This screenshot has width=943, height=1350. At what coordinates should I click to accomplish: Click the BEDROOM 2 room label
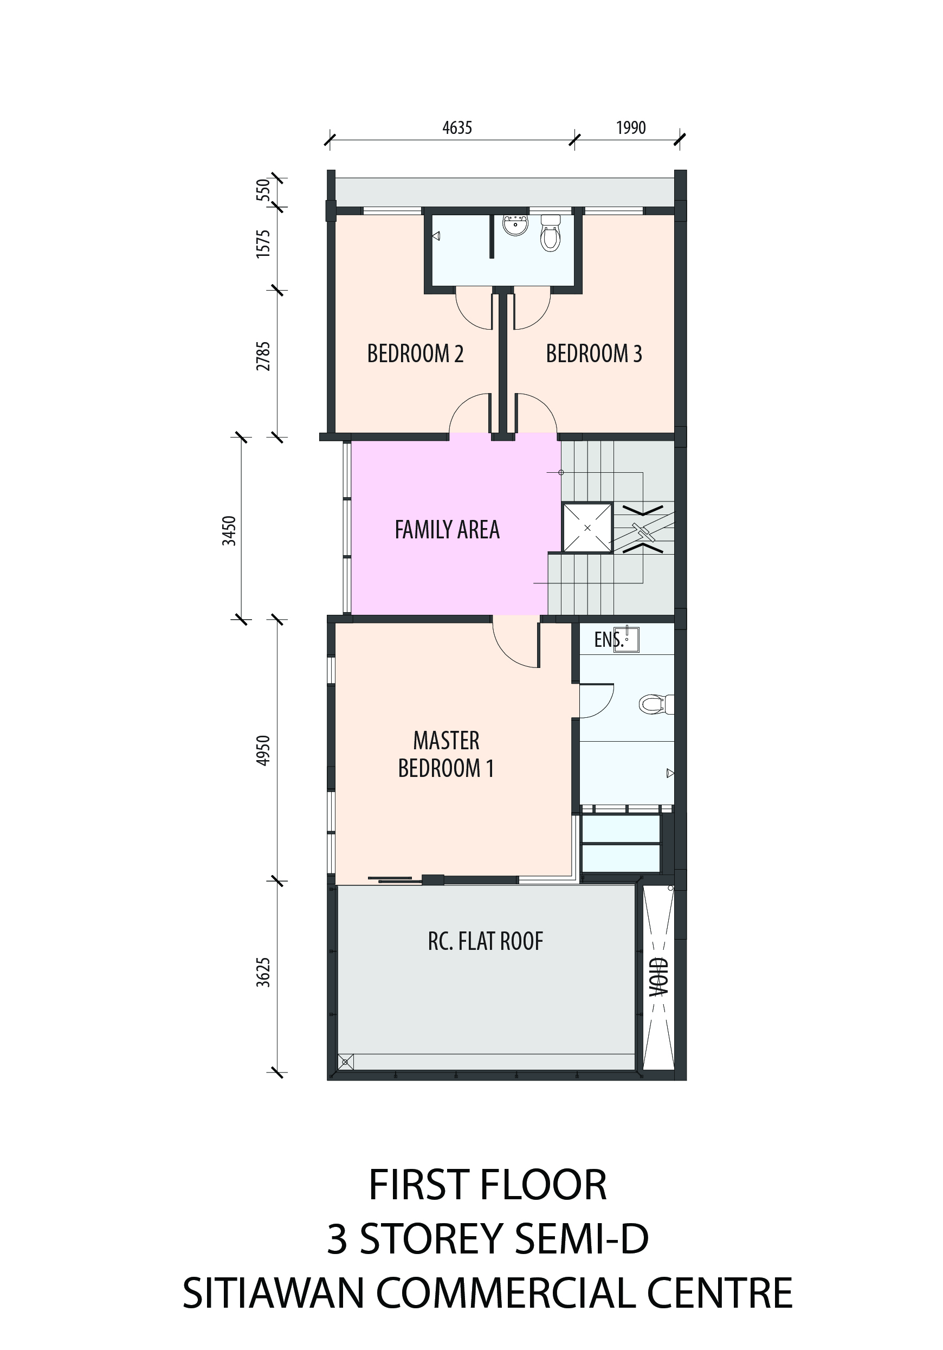click(415, 353)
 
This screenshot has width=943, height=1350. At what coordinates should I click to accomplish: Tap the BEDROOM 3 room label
click(594, 353)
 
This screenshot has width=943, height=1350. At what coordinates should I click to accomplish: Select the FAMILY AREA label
click(447, 530)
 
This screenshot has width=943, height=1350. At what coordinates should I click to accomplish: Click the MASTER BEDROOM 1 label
click(446, 754)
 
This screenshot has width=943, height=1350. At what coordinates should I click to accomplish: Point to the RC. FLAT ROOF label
click(485, 941)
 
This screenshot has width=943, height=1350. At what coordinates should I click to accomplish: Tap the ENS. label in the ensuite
click(609, 639)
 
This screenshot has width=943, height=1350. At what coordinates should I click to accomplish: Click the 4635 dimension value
click(457, 127)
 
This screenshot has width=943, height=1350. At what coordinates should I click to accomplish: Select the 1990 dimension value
click(631, 127)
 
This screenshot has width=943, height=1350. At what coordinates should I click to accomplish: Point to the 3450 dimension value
click(229, 530)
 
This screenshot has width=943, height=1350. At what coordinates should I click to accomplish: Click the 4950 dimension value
click(263, 750)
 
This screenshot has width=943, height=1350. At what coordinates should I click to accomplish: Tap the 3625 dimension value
click(263, 972)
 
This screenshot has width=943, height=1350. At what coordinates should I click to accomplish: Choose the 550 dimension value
click(263, 189)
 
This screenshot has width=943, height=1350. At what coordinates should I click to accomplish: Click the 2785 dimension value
click(263, 356)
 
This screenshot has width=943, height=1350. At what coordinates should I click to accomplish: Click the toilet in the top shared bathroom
click(550, 234)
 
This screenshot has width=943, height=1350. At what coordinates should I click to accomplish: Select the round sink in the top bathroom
click(515, 225)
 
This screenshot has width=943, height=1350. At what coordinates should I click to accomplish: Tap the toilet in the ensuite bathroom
click(656, 704)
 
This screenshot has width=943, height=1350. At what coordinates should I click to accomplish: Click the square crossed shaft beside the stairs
click(587, 528)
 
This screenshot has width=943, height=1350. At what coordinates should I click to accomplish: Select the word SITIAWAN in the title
click(273, 1294)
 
